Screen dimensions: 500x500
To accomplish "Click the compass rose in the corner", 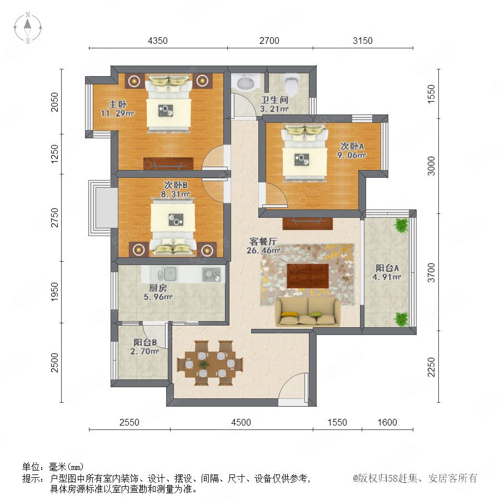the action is tap(28, 28).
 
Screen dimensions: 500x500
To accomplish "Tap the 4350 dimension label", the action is tap(158, 41).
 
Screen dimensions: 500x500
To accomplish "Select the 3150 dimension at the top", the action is tap(363, 41).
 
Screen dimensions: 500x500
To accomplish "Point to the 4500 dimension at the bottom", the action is tap(241, 422).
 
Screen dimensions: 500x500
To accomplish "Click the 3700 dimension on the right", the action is tap(431, 272).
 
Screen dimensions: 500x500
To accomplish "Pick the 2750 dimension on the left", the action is tap(55, 217).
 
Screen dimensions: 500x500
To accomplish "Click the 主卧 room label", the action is tap(118, 104).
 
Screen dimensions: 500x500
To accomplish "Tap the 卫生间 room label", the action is tap(274, 100).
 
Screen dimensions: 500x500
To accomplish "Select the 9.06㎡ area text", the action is tap(352, 156).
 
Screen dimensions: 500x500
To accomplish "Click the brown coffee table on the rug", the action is tap(308, 276).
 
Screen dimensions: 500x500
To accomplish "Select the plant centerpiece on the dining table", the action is tap(204, 364).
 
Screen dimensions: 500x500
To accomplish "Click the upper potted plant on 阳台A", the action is tap(401, 225).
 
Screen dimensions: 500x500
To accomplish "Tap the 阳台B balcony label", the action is tap(145, 342).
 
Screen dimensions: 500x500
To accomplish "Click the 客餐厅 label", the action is tap(263, 242).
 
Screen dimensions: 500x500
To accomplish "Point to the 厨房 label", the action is tap(158, 288).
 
